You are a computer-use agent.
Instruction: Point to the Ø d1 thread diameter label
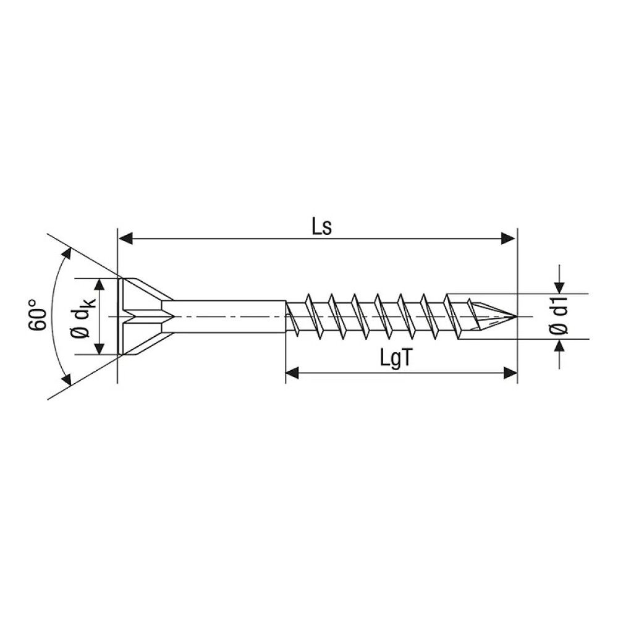[x=560, y=316]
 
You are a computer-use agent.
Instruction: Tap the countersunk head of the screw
[x=139, y=316]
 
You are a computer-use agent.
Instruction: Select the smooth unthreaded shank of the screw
[x=226, y=316]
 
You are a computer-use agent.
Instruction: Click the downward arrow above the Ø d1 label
[x=559, y=286]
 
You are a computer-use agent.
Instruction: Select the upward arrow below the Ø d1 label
[x=559, y=345]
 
